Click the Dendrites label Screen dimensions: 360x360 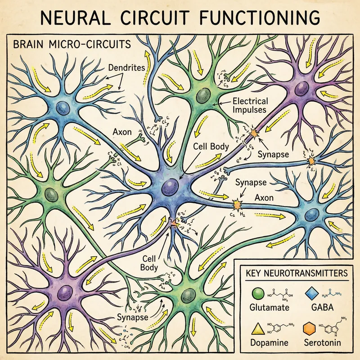click(128, 68)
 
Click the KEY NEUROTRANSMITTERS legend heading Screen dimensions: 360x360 click(296, 273)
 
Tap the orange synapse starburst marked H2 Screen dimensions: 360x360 click(236, 205)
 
